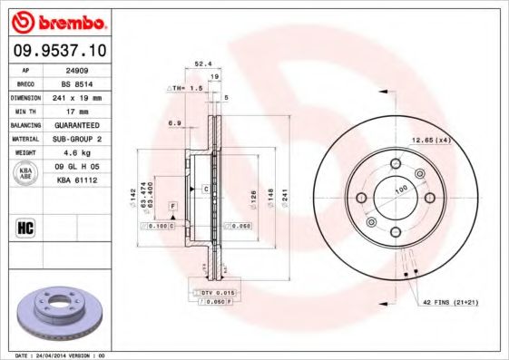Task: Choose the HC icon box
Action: tap(24, 227)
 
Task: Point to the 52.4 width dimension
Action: tap(202, 64)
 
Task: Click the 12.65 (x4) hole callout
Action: tap(430, 140)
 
